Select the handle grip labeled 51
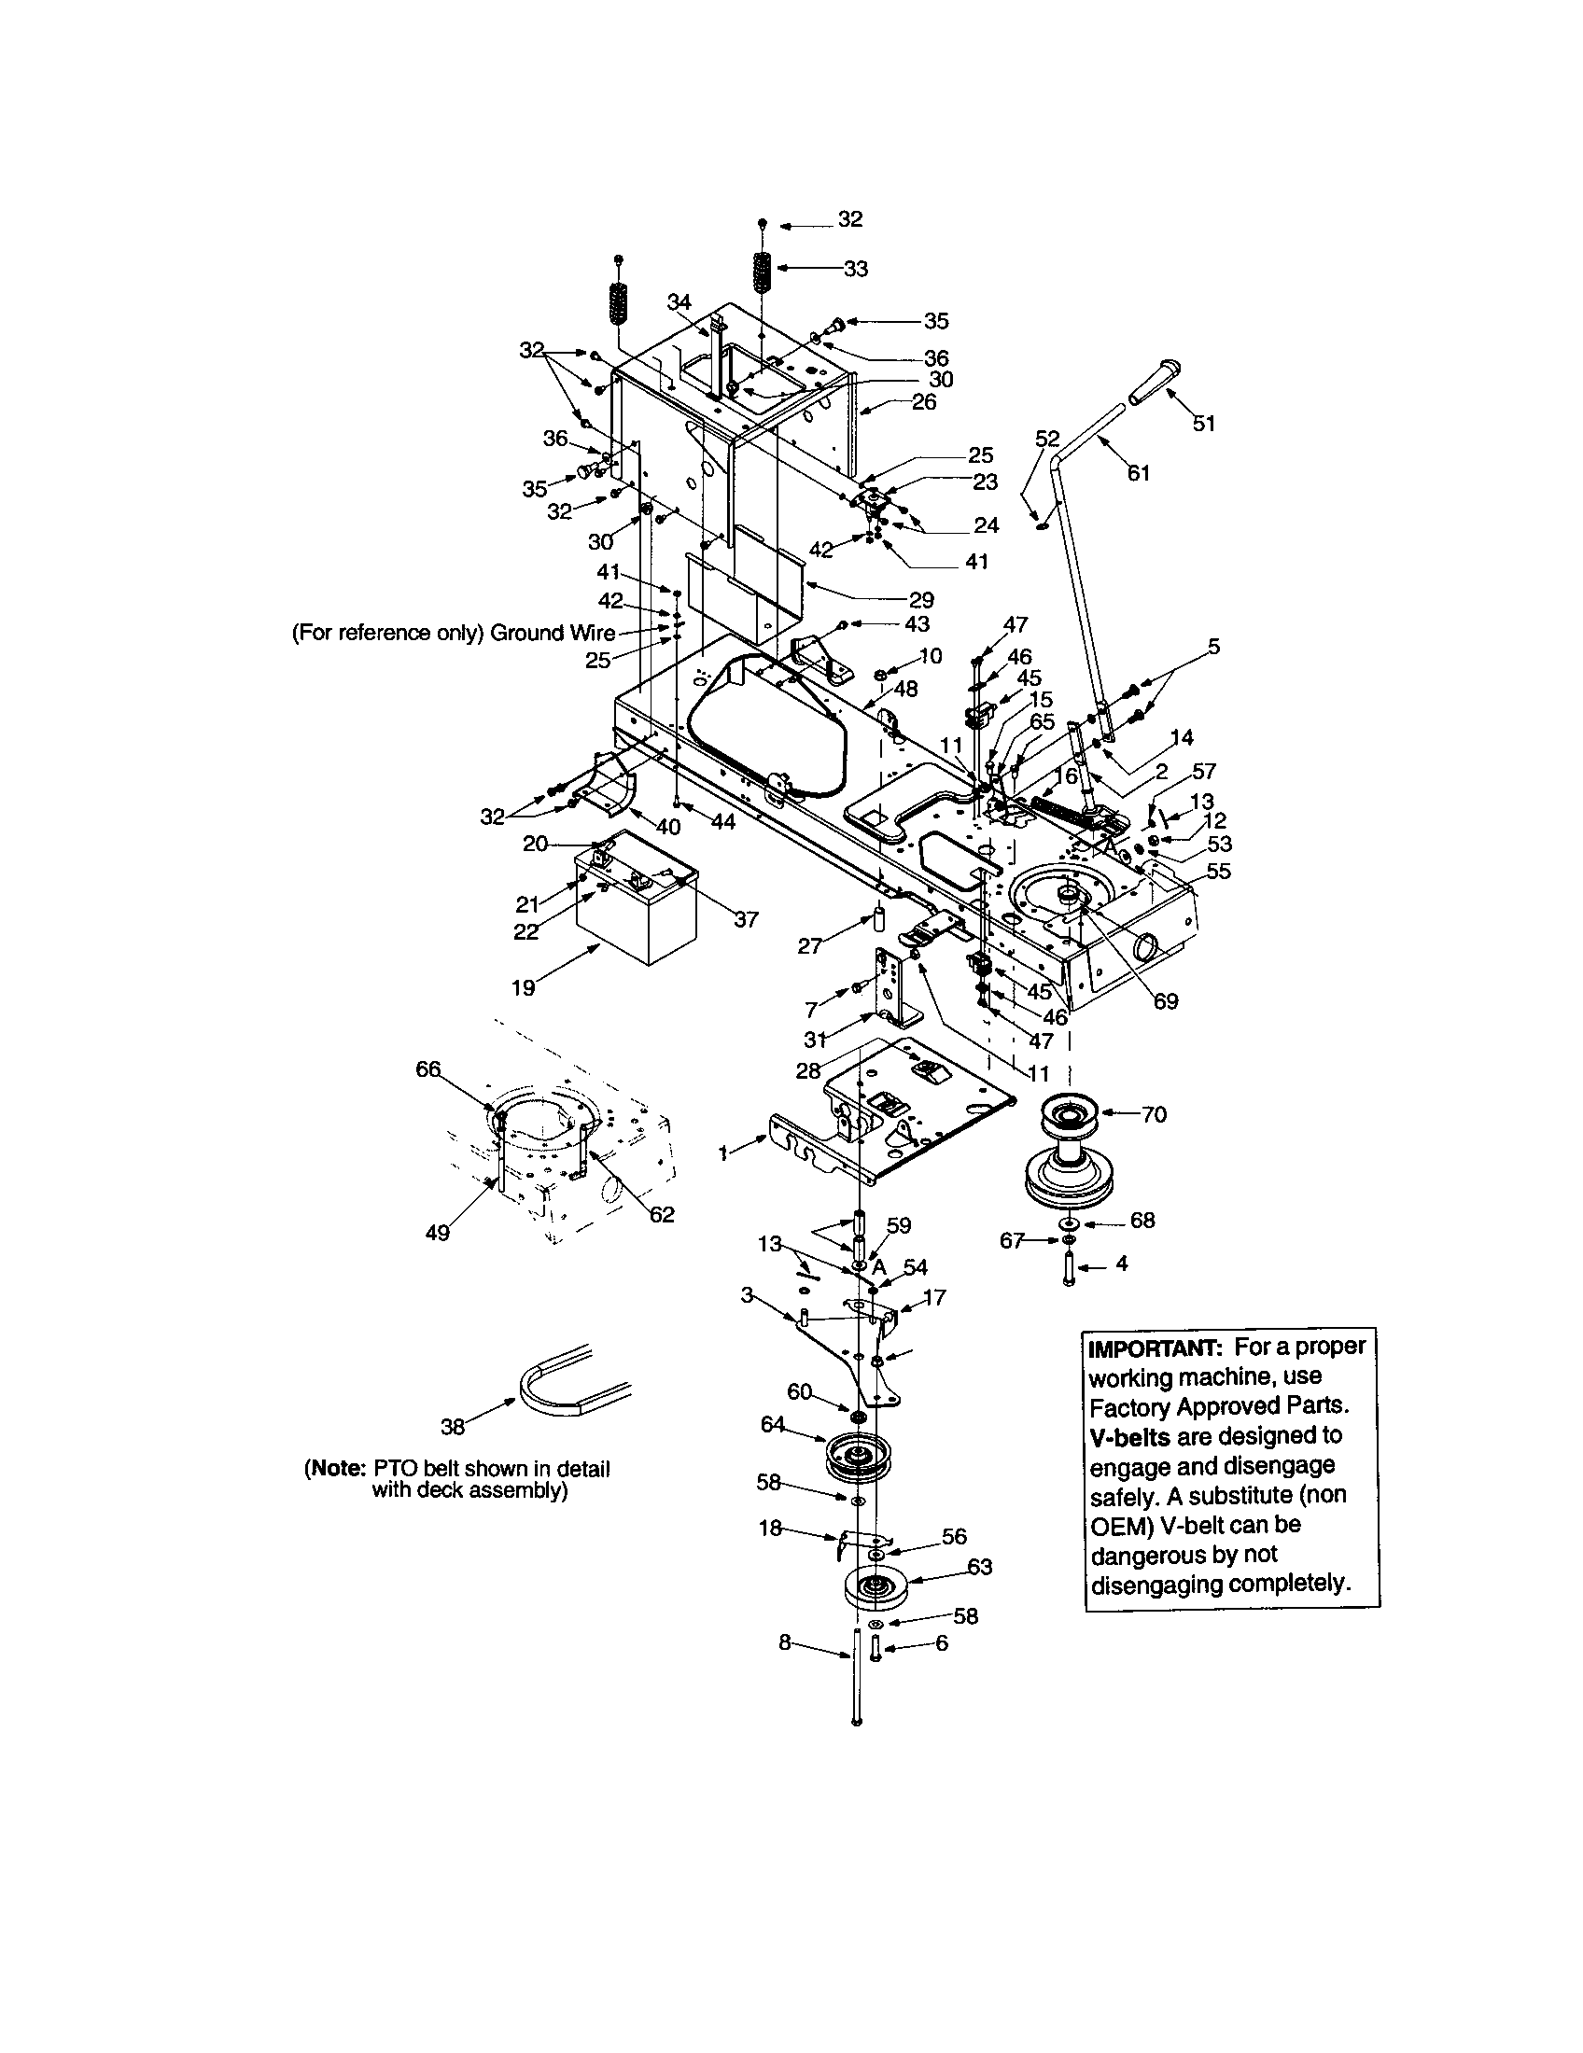coord(1154,383)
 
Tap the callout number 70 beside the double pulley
coord(1154,1115)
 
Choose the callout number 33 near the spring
coord(855,269)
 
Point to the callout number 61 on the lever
coord(1139,473)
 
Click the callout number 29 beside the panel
coord(921,600)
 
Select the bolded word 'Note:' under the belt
coord(336,1469)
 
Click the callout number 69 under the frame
coord(1165,1002)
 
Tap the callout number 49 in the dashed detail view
coord(438,1233)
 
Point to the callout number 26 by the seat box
coord(924,402)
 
